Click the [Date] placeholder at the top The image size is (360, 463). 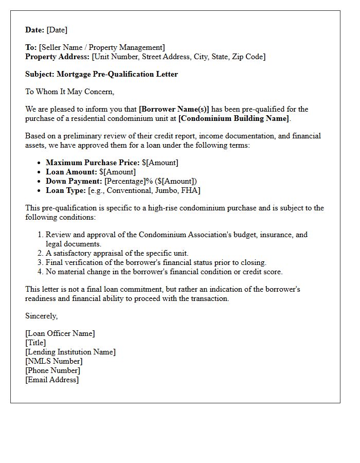(x=57, y=30)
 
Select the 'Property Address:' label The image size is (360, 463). (x=58, y=57)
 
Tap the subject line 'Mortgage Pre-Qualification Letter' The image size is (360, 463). (x=117, y=74)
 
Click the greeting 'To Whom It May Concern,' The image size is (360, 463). (x=69, y=92)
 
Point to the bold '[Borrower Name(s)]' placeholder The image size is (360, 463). (x=174, y=109)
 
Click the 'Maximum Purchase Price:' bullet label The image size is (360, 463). (x=93, y=163)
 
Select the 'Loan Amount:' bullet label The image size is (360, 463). (x=71, y=172)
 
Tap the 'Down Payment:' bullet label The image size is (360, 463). (x=74, y=181)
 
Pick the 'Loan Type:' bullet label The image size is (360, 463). (x=66, y=190)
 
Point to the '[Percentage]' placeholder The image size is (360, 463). (x=125, y=181)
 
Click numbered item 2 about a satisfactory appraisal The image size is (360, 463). (x=117, y=253)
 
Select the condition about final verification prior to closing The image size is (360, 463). (x=156, y=262)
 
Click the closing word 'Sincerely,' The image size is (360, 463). (x=42, y=316)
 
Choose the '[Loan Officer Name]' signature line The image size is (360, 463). (x=60, y=333)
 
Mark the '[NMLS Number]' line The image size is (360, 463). (x=53, y=361)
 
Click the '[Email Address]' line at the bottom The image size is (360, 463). (x=52, y=380)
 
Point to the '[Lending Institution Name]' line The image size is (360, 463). (x=70, y=352)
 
